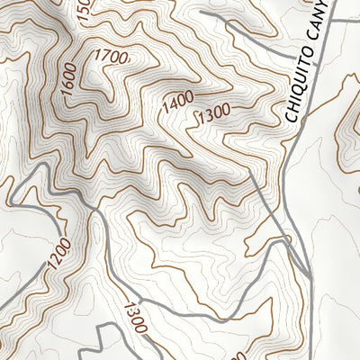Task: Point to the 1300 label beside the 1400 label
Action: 212,112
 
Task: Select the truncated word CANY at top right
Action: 324,27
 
